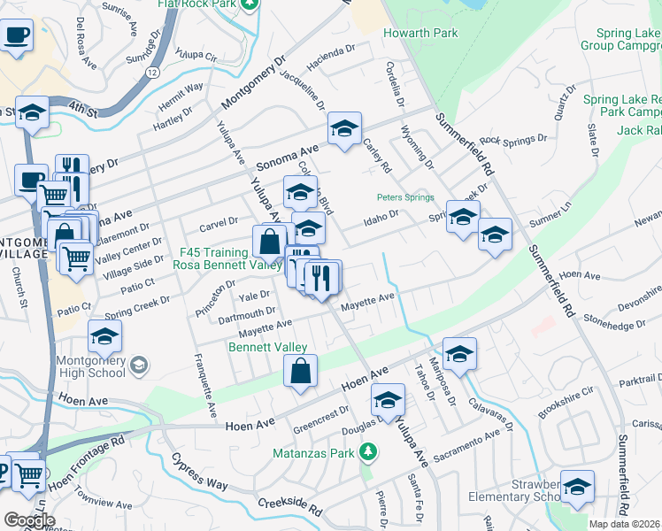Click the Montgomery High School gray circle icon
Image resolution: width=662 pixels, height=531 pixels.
(139, 365)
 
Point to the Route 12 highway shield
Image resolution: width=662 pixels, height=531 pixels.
(153, 72)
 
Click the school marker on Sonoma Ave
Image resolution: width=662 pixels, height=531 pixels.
(343, 128)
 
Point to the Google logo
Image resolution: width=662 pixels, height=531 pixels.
(28, 519)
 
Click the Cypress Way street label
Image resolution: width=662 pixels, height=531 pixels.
(200, 473)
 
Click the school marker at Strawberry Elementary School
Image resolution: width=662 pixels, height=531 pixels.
(577, 487)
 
